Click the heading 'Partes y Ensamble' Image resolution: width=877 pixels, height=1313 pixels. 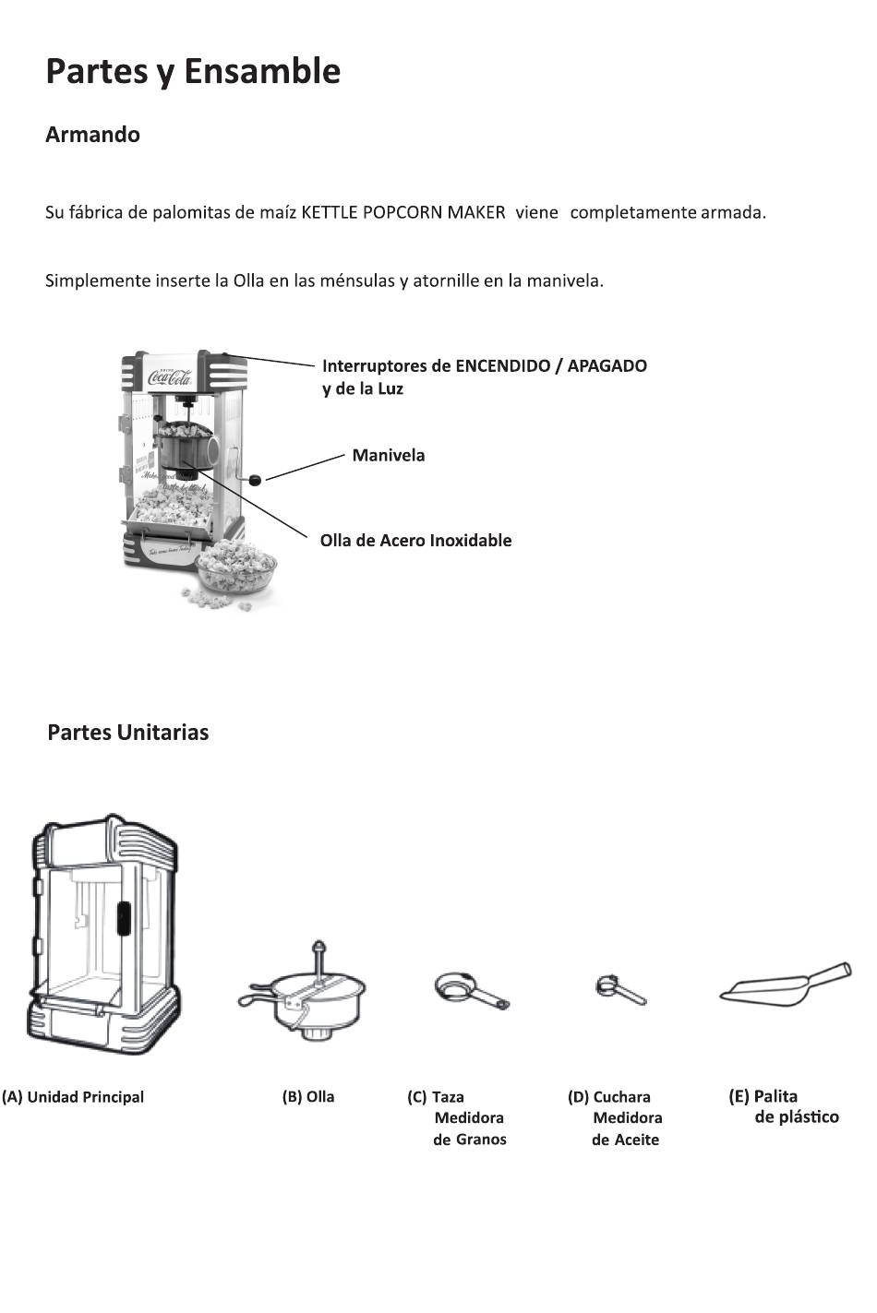click(x=193, y=71)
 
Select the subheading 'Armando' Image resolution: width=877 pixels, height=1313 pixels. click(x=92, y=135)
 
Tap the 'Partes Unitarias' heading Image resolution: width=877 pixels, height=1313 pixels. click(x=127, y=733)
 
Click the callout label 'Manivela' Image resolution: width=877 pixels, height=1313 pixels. click(x=388, y=455)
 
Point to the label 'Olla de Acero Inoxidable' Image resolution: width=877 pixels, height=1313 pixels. click(x=415, y=541)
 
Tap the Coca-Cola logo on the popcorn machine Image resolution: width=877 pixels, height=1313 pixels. click(x=171, y=376)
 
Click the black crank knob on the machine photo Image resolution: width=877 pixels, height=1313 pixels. click(x=257, y=478)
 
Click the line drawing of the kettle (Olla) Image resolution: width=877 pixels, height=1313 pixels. click(x=305, y=997)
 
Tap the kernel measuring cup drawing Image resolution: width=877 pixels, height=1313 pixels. click(x=470, y=991)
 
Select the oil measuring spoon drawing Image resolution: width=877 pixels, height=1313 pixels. click(x=620, y=990)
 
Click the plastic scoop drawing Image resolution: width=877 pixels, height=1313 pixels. click(x=786, y=985)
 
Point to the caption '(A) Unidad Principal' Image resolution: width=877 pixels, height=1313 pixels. click(x=73, y=1097)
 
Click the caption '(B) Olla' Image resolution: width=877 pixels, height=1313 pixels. click(x=308, y=1097)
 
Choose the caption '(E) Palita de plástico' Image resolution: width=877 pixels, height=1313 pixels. click(x=783, y=1106)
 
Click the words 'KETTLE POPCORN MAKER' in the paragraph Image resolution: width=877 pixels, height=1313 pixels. click(x=403, y=212)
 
